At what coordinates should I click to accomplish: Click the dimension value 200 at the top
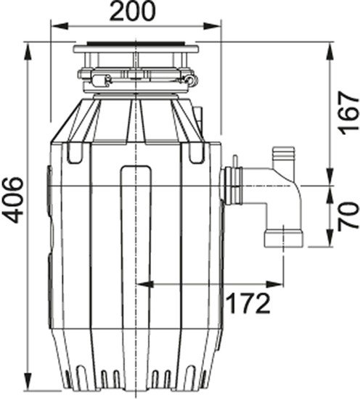134,12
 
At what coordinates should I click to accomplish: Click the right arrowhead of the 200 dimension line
214,28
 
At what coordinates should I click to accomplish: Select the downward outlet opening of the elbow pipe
282,239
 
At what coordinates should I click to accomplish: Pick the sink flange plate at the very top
136,49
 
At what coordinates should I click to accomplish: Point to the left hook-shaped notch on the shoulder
73,153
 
